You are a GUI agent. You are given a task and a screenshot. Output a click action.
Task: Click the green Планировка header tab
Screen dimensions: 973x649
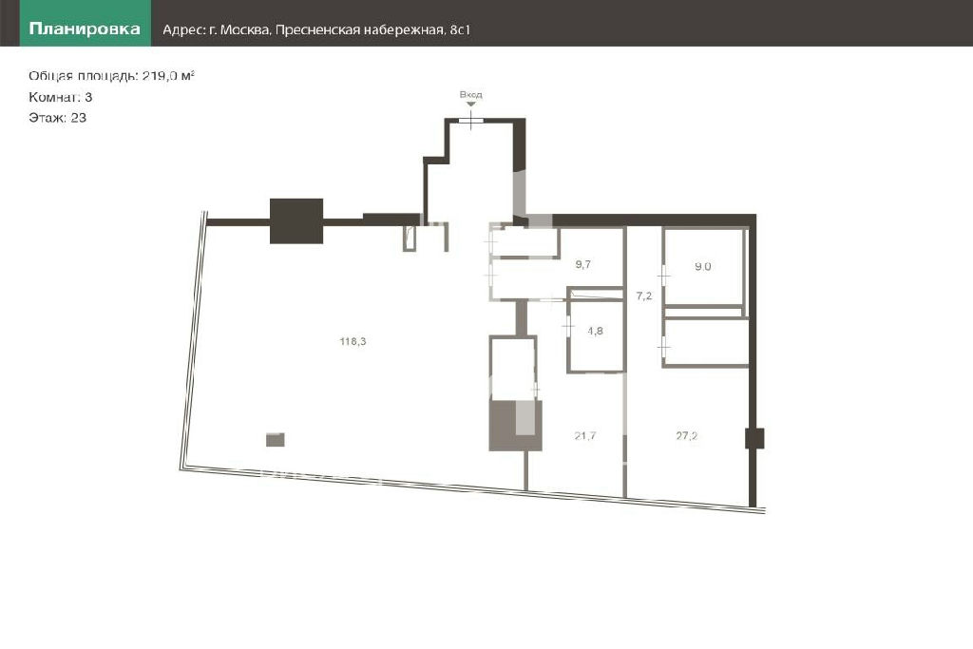click(x=85, y=23)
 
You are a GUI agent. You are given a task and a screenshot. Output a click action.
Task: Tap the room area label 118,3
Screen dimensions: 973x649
click(x=353, y=341)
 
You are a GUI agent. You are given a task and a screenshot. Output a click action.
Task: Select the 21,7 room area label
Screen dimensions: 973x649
click(x=585, y=435)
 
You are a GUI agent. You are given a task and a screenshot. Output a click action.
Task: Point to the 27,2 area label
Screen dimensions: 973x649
click(x=686, y=435)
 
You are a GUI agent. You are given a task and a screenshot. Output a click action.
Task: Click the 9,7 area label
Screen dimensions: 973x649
click(x=582, y=264)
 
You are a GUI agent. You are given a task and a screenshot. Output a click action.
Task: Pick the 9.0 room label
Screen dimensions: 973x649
click(x=702, y=266)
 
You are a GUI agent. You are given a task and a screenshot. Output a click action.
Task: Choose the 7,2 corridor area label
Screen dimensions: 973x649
click(x=644, y=296)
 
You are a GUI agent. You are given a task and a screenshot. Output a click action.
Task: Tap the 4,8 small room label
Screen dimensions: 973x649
click(x=595, y=331)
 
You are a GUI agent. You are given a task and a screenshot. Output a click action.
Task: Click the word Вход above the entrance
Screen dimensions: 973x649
click(x=471, y=94)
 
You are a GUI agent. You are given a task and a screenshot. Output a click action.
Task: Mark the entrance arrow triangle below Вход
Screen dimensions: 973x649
click(x=471, y=104)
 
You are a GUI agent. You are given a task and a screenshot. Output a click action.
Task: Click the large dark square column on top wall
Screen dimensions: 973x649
click(x=296, y=220)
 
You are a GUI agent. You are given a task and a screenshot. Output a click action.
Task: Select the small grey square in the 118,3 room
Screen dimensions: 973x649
click(x=276, y=440)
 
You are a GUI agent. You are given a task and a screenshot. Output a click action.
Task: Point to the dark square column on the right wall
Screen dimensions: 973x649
click(x=754, y=438)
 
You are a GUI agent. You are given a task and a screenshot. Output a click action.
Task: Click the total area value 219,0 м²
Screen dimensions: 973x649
click(x=168, y=76)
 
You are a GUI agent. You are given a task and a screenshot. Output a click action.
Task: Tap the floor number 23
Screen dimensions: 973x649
click(x=79, y=118)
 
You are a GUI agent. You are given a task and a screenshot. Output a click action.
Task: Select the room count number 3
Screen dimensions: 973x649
click(x=88, y=97)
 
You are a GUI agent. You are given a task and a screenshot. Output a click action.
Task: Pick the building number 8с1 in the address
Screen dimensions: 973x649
click(x=460, y=29)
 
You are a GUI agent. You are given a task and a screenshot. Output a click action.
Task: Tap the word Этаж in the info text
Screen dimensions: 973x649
click(x=48, y=118)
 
